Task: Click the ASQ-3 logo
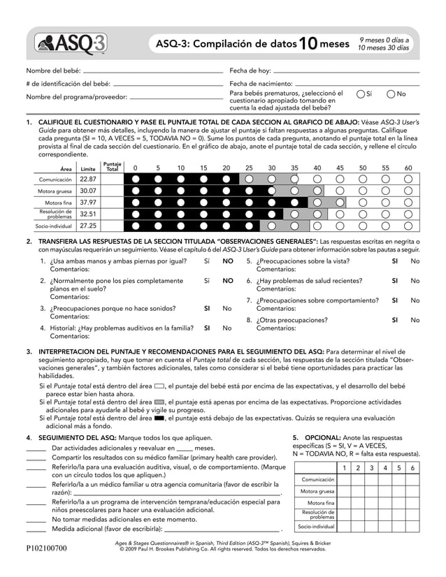pyautogui.click(x=73, y=45)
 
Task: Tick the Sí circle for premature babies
pyautogui.click(x=360, y=94)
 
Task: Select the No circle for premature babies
pyautogui.click(x=391, y=94)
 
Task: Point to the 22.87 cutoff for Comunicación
pyautogui.click(x=87, y=179)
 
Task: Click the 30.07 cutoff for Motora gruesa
pyautogui.click(x=87, y=191)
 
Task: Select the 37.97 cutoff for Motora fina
pyautogui.click(x=87, y=203)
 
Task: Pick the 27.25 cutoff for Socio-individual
pyautogui.click(x=87, y=226)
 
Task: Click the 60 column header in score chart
pyautogui.click(x=408, y=168)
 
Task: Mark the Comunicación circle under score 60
pyautogui.click(x=408, y=179)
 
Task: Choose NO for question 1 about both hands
pyautogui.click(x=228, y=261)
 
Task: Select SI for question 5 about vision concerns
pyautogui.click(x=395, y=261)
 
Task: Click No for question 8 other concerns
pyautogui.click(x=415, y=320)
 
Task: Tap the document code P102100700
pyautogui.click(x=47, y=548)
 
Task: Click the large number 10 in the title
pyautogui.click(x=308, y=45)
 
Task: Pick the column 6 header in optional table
pyautogui.click(x=412, y=467)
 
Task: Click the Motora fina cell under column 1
pyautogui.click(x=343, y=503)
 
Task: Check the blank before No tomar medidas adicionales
pyautogui.click(x=36, y=520)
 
